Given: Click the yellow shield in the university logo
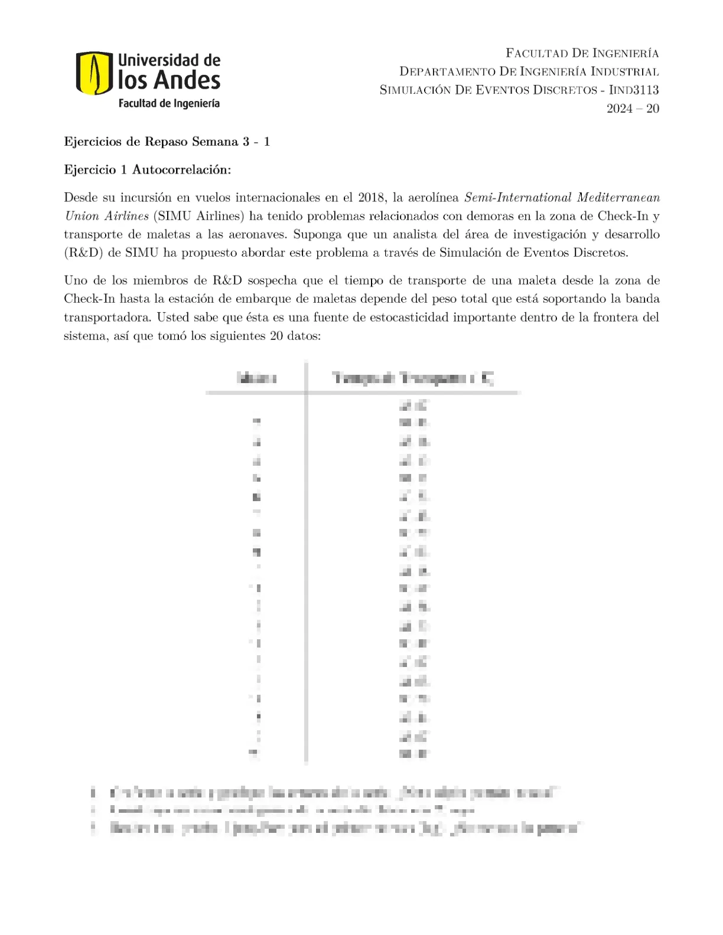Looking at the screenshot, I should [x=94, y=73].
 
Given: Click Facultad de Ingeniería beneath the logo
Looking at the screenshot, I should [x=169, y=103].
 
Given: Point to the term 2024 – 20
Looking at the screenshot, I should [x=633, y=109].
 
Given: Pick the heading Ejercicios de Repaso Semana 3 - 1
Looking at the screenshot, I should [x=167, y=142].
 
